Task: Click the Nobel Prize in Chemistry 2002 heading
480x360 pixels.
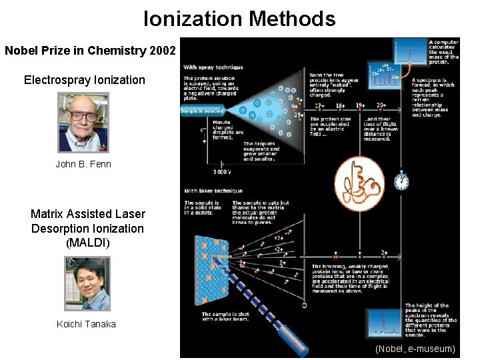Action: (90, 51)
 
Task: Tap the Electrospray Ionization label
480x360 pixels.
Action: (84, 80)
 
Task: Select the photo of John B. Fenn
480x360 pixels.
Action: (83, 122)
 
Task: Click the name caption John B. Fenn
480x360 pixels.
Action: (83, 164)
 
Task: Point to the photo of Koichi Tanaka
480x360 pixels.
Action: (87, 283)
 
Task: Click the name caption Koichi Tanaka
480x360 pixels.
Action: (87, 324)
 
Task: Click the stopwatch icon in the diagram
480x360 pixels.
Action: (401, 181)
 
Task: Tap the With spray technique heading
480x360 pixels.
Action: (213, 67)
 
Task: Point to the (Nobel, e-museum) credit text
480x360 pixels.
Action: (415, 349)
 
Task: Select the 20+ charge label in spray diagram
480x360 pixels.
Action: (382, 105)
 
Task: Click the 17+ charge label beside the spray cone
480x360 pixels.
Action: (319, 105)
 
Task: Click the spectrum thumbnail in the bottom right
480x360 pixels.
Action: (385, 323)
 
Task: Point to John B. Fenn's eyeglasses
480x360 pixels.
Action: (83, 116)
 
